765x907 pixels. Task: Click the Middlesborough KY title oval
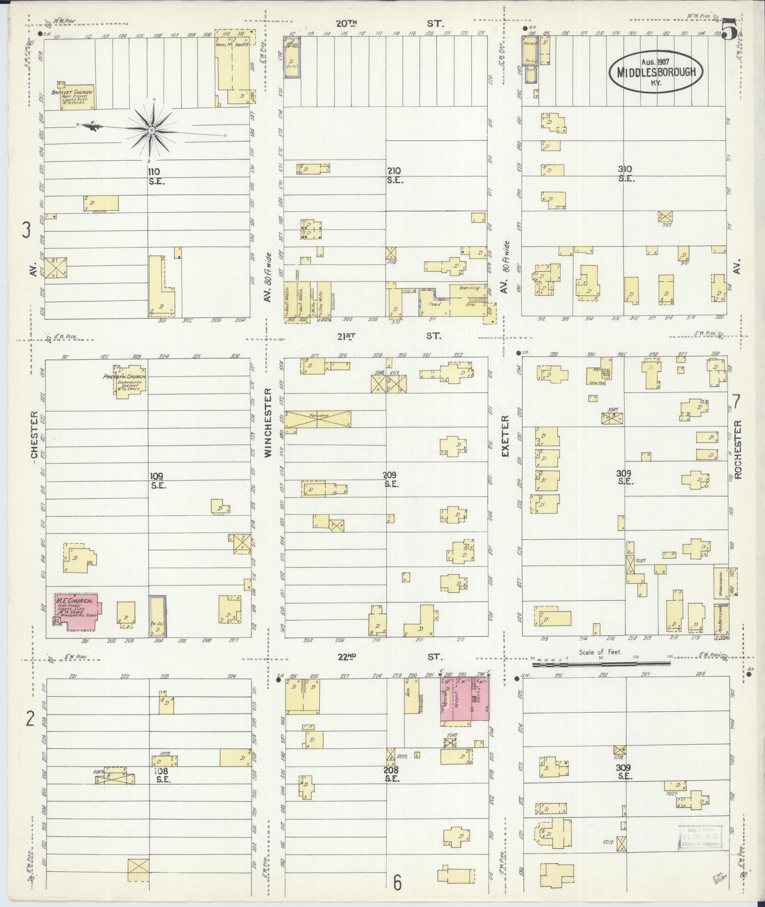(x=658, y=71)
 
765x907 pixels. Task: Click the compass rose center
(x=151, y=129)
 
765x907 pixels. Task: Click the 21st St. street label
(x=389, y=335)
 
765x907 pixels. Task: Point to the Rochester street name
(x=739, y=449)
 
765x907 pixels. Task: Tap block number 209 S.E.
(x=391, y=479)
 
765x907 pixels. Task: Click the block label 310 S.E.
(x=626, y=174)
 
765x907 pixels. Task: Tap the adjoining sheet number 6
(x=397, y=883)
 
